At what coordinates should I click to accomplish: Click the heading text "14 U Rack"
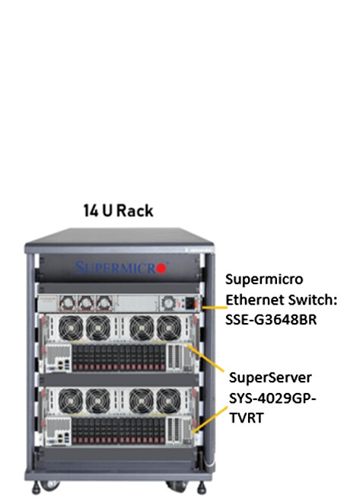[x=118, y=211]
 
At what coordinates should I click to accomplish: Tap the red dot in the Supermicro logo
[x=162, y=268]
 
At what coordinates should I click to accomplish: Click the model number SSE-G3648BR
[x=271, y=319]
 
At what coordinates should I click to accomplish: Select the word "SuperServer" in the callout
[x=270, y=378]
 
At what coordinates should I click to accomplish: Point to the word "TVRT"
[x=247, y=417]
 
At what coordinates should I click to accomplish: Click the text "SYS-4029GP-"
[x=272, y=398]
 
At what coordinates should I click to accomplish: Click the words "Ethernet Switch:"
[x=282, y=299]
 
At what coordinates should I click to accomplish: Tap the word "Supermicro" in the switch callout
[x=264, y=279]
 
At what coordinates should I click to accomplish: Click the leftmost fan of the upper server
[x=71, y=328]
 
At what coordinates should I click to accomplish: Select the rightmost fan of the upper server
[x=169, y=328]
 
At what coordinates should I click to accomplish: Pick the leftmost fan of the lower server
[x=70, y=401]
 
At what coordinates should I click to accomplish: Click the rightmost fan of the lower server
[x=168, y=401]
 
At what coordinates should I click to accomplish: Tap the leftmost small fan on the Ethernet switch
[x=68, y=303]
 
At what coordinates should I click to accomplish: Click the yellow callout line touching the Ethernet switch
[x=215, y=308]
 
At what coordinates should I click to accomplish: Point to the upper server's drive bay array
[x=119, y=358]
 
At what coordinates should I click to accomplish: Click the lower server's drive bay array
[x=119, y=431]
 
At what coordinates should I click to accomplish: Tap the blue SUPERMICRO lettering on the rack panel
[x=116, y=268]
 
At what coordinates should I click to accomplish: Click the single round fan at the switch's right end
[x=168, y=303]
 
